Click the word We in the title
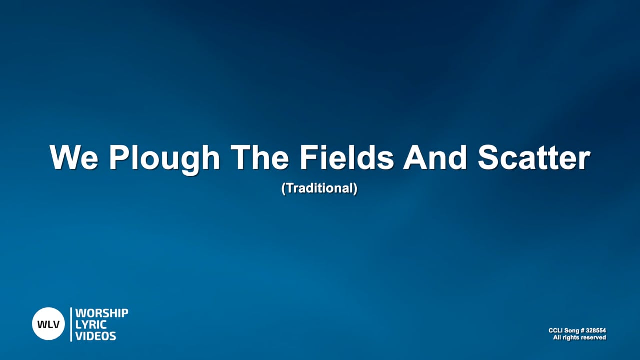coord(73,158)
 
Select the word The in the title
coord(260,158)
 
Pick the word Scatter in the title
coord(534,158)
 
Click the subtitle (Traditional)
coord(320,189)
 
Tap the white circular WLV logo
coord(49,324)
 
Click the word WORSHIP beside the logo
coord(102,313)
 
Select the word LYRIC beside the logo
coord(91,324)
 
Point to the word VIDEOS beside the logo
coord(96,336)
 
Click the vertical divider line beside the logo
coord(71,324)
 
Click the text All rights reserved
coord(579,338)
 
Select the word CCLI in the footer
coord(556,331)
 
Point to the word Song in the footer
coord(571,331)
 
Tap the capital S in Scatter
coord(489,158)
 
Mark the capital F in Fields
coord(307,158)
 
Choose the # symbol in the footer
coord(582,331)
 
